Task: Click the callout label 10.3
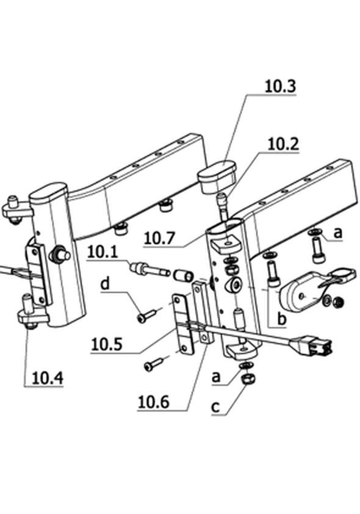click(280, 86)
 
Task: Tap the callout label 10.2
click(283, 144)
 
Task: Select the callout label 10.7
click(159, 238)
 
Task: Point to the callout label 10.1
click(103, 252)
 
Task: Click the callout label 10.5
click(107, 344)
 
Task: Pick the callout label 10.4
click(47, 378)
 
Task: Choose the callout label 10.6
click(154, 402)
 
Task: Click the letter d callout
click(105, 283)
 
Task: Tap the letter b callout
click(281, 319)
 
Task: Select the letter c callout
click(215, 407)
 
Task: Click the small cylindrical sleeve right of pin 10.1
click(184, 276)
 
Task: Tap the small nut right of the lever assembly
click(338, 302)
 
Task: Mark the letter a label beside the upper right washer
click(337, 233)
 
